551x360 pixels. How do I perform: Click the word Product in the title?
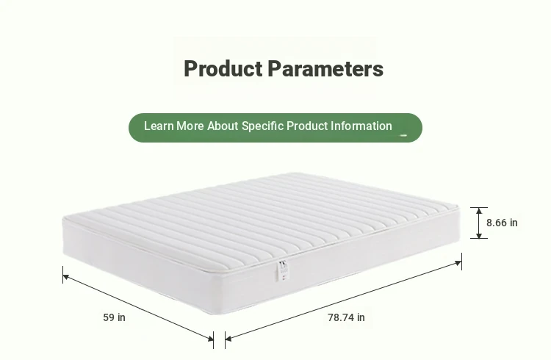coord(223,68)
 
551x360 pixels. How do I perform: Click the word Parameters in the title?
coord(325,68)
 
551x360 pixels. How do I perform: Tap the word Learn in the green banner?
coord(159,126)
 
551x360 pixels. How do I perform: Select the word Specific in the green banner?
coord(262,126)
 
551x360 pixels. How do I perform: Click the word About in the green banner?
coord(223,126)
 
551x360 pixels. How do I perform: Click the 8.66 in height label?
coord(502,223)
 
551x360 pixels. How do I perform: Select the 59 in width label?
coord(114,317)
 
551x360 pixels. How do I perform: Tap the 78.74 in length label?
coord(346,317)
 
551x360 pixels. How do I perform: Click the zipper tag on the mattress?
coord(284,270)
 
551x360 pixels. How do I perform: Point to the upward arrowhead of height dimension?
coord(479,211)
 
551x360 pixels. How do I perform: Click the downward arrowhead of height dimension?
coord(479,235)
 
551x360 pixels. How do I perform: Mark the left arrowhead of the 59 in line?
coord(66,278)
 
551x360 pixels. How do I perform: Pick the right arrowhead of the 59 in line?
coord(210,338)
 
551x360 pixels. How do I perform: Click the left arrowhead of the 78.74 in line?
coord(228,339)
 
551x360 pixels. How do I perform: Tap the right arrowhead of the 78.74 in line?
coord(458,263)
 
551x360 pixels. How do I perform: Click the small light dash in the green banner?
coord(403,135)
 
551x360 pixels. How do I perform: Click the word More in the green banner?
coord(190,126)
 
